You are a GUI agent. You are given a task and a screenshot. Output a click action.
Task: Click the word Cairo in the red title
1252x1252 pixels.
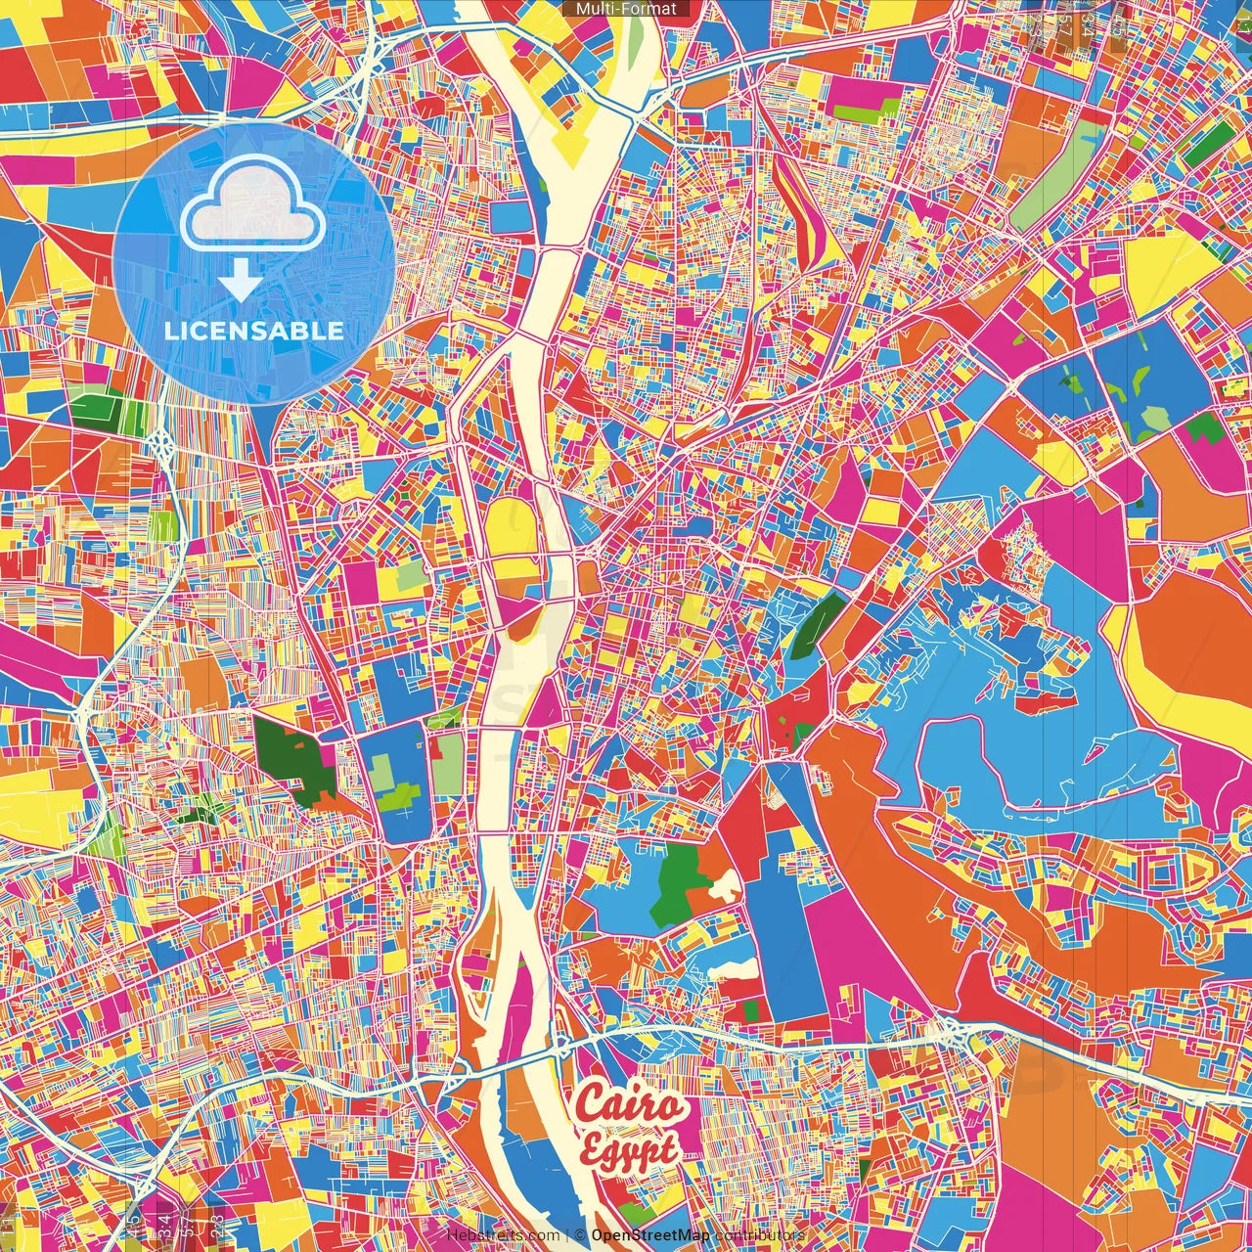coord(629,1103)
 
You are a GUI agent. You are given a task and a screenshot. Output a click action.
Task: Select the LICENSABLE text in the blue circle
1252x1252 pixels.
coord(253,331)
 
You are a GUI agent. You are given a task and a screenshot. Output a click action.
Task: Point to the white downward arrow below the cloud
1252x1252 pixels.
coord(240,282)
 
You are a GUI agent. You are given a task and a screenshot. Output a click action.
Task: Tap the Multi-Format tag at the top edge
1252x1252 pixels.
coord(626,9)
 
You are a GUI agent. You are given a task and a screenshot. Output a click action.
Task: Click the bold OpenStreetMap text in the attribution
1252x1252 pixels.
coord(649,1235)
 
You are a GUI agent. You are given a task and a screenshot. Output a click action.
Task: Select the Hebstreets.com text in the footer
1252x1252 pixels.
coord(503,1235)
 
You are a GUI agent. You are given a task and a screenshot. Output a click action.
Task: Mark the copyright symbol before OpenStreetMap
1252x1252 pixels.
coord(579,1235)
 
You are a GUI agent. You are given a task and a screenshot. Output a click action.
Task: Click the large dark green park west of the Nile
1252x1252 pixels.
coord(295,757)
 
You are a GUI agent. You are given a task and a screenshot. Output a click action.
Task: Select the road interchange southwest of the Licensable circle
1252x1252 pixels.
coord(161,446)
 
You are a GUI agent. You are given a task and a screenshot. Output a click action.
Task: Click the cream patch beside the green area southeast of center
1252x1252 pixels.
coord(726,885)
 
